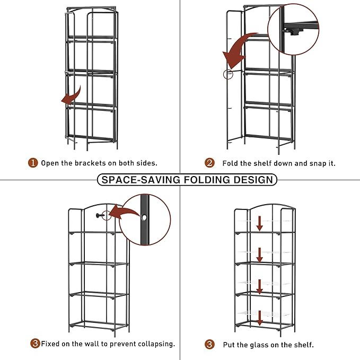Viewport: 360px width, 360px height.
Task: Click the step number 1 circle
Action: pyautogui.click(x=33, y=163)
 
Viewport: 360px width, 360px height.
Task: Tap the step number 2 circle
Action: pyautogui.click(x=210, y=163)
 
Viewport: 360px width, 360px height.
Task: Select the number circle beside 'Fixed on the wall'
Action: pyautogui.click(x=35, y=344)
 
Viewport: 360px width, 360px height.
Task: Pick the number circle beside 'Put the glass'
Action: pyautogui.click(x=210, y=345)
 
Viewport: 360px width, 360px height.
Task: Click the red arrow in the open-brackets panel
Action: pyautogui.click(x=67, y=97)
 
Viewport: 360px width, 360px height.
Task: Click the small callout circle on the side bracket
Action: pyautogui.click(x=228, y=74)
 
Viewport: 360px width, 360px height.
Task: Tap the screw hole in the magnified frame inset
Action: pyautogui.click(x=145, y=217)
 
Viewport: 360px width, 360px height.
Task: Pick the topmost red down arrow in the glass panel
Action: pyautogui.click(x=260, y=223)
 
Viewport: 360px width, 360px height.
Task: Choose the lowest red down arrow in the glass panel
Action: pyautogui.click(x=260, y=318)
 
